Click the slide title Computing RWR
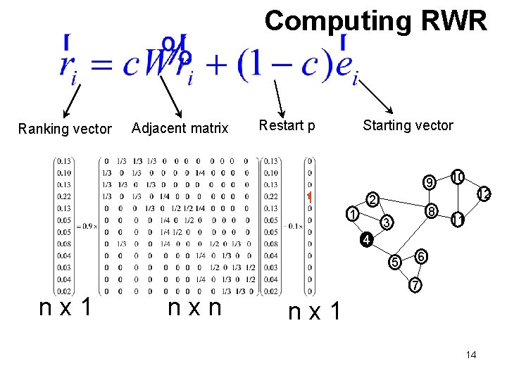(375, 21)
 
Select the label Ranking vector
(65, 129)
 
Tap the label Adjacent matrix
(180, 128)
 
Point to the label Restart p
(287, 126)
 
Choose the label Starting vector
(408, 125)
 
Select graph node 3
(384, 224)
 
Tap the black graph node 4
(366, 239)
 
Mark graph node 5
(396, 262)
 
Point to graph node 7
(416, 286)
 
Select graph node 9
(429, 184)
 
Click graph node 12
(484, 193)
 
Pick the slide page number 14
(471, 355)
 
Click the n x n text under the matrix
(195, 308)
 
